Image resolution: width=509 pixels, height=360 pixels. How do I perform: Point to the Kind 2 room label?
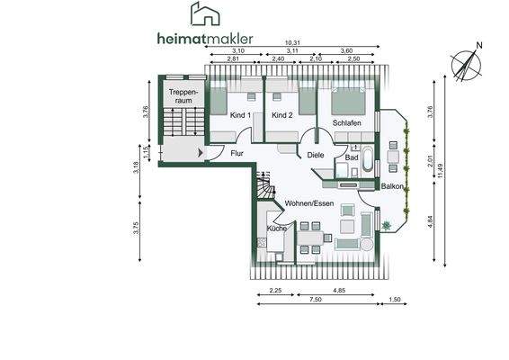click(282, 116)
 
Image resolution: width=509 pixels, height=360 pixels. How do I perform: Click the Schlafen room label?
click(347, 122)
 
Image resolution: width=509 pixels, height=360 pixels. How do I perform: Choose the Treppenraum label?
click(183, 96)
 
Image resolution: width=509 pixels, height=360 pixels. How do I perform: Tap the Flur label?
click(237, 154)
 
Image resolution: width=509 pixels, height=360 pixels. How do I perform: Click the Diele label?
click(315, 155)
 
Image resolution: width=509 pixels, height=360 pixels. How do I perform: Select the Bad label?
click(352, 158)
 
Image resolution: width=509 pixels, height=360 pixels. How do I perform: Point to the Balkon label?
click(392, 186)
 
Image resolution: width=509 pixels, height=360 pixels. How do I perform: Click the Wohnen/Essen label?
click(310, 203)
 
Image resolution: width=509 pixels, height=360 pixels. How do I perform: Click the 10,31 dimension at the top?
click(292, 43)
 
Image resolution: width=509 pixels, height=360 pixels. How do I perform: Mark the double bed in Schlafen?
click(348, 99)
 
